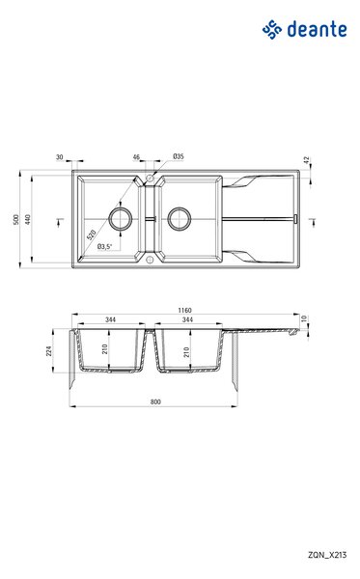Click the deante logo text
317,29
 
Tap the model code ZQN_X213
327,555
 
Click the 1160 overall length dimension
184,310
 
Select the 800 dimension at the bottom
155,401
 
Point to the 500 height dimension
15,219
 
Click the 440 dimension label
28,219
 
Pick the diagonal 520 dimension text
91,234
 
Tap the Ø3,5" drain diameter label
104,246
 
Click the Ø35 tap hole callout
179,156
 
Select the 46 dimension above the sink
136,157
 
